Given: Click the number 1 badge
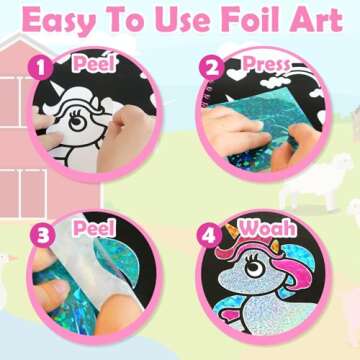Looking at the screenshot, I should (40, 68).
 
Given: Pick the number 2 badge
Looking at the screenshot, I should (210, 68).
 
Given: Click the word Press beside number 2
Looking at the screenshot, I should (257, 65).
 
